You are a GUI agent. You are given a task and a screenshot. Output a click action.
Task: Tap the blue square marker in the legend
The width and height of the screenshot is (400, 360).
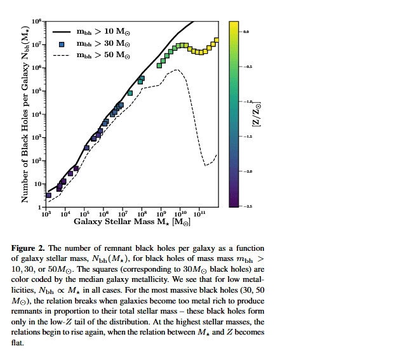[61, 44]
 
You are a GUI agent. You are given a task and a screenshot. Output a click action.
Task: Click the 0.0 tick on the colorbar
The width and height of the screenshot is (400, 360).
[246, 31]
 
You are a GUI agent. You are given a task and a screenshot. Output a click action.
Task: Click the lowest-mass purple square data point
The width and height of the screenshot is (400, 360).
[48, 195]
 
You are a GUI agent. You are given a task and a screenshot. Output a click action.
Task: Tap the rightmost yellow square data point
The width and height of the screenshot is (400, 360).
[217, 41]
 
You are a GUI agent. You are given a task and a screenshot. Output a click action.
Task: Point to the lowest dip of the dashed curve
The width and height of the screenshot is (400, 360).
[206, 165]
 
